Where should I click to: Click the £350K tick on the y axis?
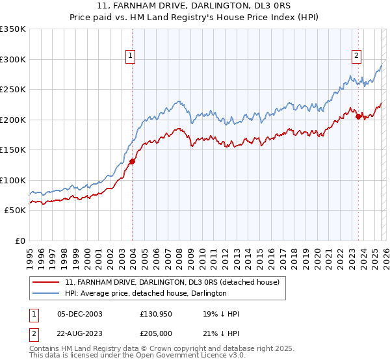(13, 29)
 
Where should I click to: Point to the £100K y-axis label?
(13, 180)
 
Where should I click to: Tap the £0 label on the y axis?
(19, 240)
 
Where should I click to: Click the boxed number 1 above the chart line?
(131, 57)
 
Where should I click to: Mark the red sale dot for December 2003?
(132, 161)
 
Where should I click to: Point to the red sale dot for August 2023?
(358, 116)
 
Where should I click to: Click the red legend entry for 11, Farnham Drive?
(172, 282)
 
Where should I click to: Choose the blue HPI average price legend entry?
(146, 294)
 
